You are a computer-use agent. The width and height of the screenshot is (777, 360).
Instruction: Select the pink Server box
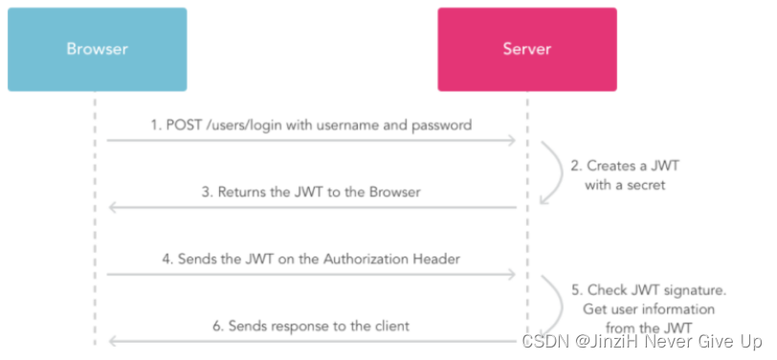coord(527,49)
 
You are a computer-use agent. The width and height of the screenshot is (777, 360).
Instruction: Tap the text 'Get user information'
coord(649,309)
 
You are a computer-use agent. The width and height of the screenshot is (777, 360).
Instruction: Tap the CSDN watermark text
coord(642,341)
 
